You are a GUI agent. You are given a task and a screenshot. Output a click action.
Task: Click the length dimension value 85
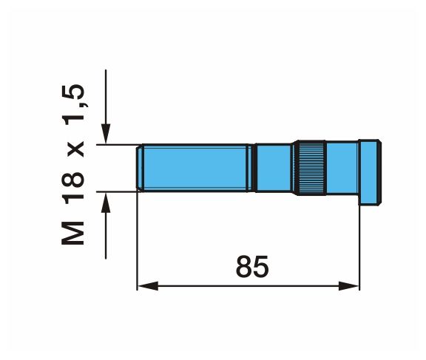coord(252,266)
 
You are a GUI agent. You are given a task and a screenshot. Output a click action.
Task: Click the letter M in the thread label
coord(72,233)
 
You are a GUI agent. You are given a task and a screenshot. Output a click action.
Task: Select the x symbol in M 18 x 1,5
coord(75,149)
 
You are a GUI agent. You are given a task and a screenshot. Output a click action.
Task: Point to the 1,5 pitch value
coord(72,104)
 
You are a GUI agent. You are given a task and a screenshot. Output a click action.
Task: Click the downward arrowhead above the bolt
coord(106,134)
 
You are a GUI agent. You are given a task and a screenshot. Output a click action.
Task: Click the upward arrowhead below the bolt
coord(106,203)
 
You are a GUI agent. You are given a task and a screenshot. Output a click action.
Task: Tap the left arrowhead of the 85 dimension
coord(147,286)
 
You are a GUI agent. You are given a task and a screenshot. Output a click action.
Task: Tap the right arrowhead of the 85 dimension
coord(349,286)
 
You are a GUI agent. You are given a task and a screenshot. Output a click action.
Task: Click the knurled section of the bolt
coord(311,168)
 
